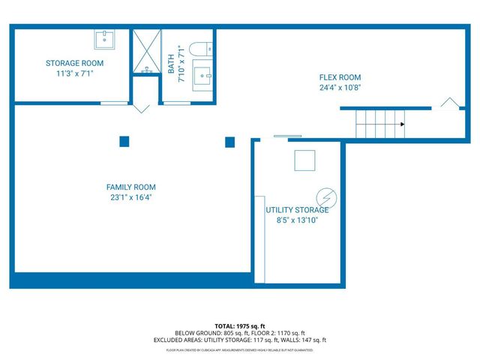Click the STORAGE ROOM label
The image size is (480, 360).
click(74, 63)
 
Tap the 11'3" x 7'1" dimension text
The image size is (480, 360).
click(74, 74)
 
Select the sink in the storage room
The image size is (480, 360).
click(103, 38)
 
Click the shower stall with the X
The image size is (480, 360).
click(147, 52)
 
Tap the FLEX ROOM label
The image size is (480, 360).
click(340, 77)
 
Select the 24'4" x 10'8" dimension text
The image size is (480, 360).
click(340, 88)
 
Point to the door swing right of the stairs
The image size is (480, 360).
click(449, 103)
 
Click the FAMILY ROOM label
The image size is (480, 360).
click(130, 187)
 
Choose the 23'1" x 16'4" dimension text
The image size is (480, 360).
click(130, 198)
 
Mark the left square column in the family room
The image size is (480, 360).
click(124, 141)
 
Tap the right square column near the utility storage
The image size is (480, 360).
click(230, 141)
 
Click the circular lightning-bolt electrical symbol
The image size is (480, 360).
click(327, 197)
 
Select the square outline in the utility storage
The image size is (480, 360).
click(304, 160)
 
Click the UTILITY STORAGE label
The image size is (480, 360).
click(297, 210)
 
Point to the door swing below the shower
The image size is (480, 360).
click(140, 108)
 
